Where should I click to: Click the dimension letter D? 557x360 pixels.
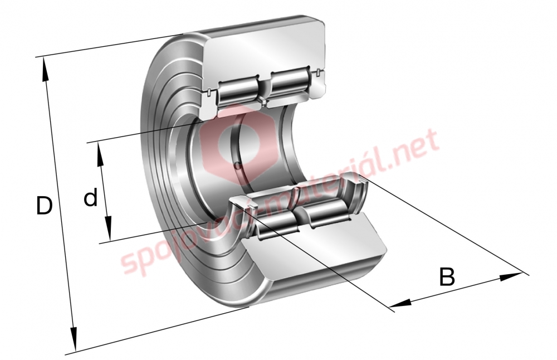(x=45, y=206)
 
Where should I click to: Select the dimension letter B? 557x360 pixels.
(x=447, y=277)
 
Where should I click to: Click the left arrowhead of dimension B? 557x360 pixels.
(x=400, y=303)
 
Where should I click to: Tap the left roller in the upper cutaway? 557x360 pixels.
(x=237, y=92)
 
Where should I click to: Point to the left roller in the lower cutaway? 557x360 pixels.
(x=277, y=223)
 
